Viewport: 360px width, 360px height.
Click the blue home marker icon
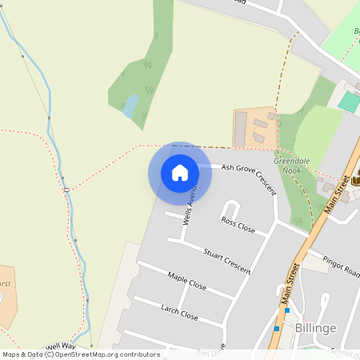tap(180, 173)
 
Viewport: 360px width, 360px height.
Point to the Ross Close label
tap(238, 224)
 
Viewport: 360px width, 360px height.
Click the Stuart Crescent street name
tap(227, 261)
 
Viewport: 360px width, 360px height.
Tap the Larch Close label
tap(179, 310)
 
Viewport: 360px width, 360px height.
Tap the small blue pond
tap(130, 106)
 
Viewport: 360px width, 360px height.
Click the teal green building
tap(349, 102)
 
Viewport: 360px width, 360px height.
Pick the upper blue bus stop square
tap(287, 310)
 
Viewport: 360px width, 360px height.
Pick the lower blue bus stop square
tap(277, 328)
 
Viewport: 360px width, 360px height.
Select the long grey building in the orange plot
tap(240, 128)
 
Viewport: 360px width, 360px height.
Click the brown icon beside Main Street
tap(355, 178)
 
